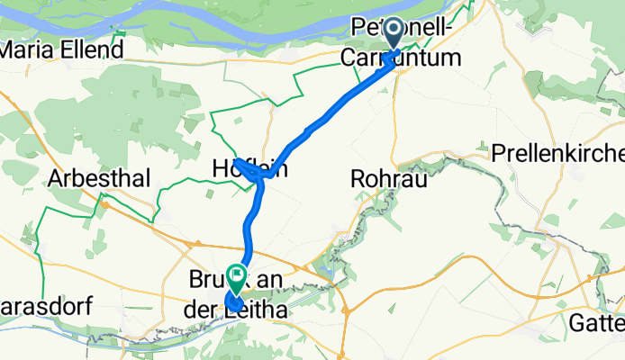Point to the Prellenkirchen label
click(557, 154)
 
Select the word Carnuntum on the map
click(402, 58)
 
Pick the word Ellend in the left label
click(94, 49)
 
